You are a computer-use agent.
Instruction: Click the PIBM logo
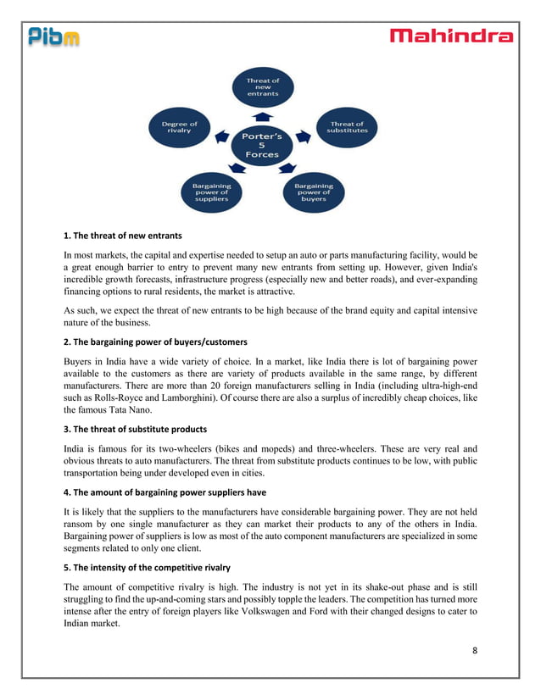(54, 36)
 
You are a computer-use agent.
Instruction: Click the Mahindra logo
(451, 36)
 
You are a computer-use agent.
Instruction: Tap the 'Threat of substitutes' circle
(349, 128)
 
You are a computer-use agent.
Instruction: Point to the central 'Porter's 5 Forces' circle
(263, 145)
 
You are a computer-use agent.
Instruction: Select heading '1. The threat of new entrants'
(123, 235)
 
